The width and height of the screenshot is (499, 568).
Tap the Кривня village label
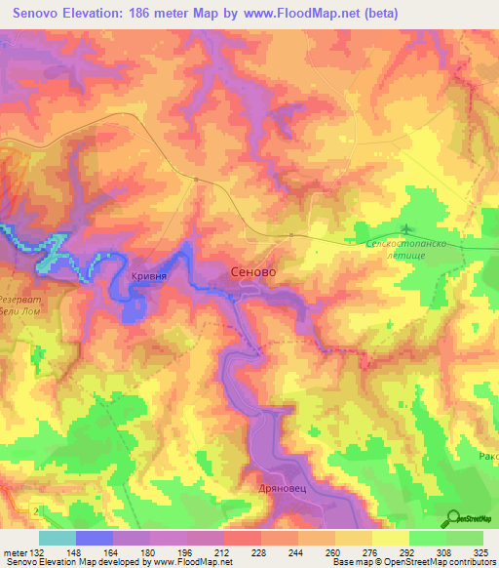pos(148,277)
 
